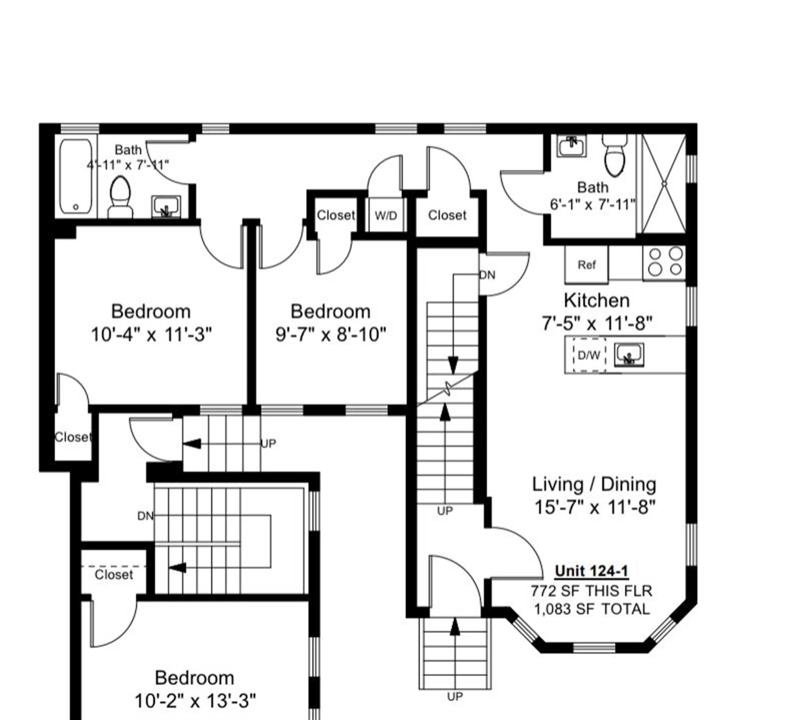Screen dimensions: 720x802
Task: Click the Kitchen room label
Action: click(x=596, y=301)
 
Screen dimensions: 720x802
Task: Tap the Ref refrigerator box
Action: click(x=587, y=265)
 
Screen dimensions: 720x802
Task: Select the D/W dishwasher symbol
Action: click(x=589, y=355)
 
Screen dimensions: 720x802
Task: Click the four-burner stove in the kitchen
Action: click(x=664, y=262)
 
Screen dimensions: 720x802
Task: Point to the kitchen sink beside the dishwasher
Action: click(x=629, y=354)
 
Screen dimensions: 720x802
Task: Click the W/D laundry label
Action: click(x=386, y=216)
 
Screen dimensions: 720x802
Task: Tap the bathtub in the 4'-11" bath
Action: click(x=76, y=176)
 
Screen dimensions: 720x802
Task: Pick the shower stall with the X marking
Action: click(x=664, y=184)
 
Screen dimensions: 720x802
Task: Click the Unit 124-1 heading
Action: click(x=592, y=571)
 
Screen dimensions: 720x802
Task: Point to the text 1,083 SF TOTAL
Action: click(x=592, y=609)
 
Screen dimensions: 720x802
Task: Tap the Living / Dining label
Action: click(x=594, y=484)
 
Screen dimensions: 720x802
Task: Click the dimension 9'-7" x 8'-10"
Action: click(x=331, y=335)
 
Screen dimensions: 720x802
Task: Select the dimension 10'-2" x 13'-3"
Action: click(x=195, y=702)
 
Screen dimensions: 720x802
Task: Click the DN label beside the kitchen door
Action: click(x=487, y=275)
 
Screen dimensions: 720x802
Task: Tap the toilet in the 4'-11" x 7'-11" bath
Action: click(x=120, y=196)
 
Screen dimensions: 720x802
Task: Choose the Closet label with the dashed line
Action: click(x=114, y=574)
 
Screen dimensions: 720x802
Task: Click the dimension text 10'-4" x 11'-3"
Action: click(x=152, y=335)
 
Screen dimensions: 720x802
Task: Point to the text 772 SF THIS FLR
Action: click(x=592, y=591)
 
